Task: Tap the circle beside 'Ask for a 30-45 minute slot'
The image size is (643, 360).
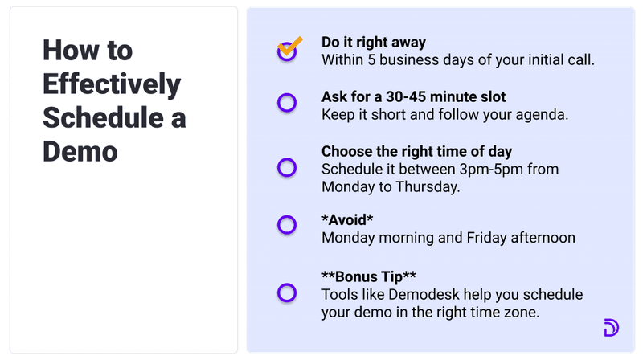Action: click(x=287, y=103)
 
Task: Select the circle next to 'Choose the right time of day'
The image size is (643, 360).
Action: click(x=287, y=167)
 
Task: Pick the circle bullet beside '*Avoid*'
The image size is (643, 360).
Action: click(x=287, y=225)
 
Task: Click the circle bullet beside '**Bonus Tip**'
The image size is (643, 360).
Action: click(x=287, y=292)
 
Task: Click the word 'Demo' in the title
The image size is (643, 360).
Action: click(x=80, y=151)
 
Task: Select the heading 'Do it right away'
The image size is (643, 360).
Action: click(x=374, y=43)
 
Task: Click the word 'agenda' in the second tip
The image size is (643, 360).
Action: click(x=545, y=114)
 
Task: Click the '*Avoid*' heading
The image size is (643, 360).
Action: click(x=348, y=220)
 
